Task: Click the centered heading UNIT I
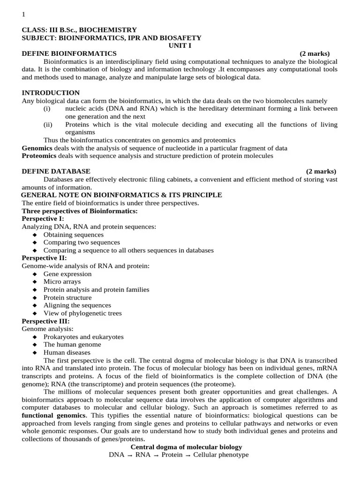click(180, 45)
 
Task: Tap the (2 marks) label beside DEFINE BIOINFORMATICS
click(315, 53)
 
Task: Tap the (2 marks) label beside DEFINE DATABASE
click(321, 171)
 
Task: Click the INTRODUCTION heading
click(51, 93)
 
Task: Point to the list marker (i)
click(47, 109)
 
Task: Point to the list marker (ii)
click(48, 125)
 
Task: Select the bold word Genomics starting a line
click(37, 148)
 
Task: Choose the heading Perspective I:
click(43, 218)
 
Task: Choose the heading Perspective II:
click(44, 258)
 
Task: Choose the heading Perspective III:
click(45, 321)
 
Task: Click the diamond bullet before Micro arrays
click(35, 282)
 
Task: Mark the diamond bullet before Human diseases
click(35, 353)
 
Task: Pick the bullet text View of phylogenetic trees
click(82, 313)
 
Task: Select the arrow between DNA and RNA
click(130, 456)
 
